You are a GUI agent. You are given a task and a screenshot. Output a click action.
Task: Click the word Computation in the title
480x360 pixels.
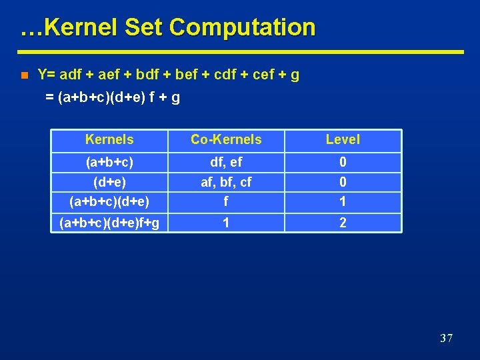242,27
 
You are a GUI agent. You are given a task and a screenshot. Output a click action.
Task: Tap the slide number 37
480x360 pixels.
447,339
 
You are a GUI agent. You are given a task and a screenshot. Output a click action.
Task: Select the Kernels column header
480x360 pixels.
109,139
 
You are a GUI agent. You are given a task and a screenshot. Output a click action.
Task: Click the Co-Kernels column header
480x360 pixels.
226,139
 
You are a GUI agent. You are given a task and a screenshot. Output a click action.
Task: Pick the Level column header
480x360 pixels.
343,139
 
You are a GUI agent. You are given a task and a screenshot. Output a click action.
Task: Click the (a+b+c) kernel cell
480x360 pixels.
109,162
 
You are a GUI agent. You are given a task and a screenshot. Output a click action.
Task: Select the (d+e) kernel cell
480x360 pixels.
109,182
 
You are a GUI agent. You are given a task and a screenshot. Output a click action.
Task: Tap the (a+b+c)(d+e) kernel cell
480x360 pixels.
109,201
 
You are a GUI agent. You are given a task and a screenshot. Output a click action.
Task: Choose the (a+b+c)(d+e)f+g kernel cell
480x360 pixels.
109,223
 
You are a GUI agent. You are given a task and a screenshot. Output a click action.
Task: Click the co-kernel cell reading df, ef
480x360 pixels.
226,162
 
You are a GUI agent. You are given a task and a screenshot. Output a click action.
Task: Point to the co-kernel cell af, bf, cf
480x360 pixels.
226,182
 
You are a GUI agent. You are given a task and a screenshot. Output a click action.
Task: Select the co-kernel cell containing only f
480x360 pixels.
226,201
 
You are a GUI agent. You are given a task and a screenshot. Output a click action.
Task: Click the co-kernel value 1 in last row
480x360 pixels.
226,223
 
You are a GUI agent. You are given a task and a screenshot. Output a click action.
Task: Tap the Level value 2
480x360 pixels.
343,223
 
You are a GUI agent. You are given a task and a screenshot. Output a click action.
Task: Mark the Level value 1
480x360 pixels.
343,201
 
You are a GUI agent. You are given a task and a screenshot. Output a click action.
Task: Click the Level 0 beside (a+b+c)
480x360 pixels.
343,162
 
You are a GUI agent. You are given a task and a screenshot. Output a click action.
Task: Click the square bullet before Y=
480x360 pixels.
24,75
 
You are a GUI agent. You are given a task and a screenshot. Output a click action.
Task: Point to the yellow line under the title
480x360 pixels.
240,51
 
